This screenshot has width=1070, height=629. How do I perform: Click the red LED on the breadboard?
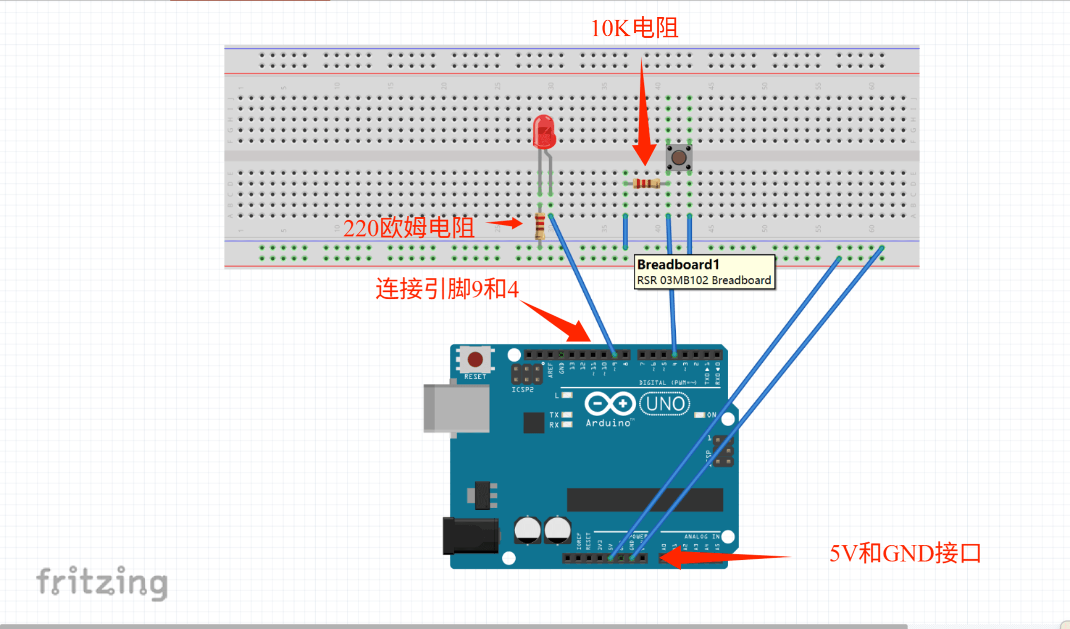click(544, 132)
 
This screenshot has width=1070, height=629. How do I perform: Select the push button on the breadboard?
click(679, 158)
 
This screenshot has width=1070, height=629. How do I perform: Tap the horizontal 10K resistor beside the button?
click(646, 184)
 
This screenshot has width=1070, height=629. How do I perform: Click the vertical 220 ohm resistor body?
click(540, 226)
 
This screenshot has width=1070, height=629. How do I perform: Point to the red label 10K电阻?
click(634, 28)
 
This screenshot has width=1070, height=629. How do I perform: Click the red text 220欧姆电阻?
click(408, 228)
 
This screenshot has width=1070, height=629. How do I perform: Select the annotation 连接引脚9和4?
click(446, 289)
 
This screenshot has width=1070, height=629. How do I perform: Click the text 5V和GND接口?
click(905, 553)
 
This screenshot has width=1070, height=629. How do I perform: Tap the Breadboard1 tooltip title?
click(678, 265)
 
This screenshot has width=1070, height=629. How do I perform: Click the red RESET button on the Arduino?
click(475, 360)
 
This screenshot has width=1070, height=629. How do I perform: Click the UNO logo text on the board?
click(665, 404)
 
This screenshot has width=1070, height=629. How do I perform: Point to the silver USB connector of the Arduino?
click(456, 408)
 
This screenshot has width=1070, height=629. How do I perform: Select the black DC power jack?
click(470, 536)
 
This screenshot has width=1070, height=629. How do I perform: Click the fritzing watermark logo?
click(102, 582)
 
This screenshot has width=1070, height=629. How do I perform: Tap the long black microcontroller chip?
click(644, 500)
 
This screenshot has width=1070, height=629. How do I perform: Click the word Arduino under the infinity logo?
click(609, 423)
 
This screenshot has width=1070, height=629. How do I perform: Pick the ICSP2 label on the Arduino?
click(522, 389)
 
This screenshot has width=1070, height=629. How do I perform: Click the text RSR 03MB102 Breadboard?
click(704, 280)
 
